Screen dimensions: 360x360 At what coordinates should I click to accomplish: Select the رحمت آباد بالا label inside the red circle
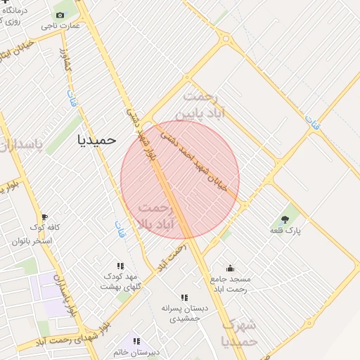pyautogui.click(x=155, y=216)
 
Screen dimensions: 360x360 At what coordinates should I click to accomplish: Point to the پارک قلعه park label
pyautogui.click(x=287, y=231)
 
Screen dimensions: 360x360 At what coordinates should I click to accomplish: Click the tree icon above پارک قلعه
pyautogui.click(x=284, y=219)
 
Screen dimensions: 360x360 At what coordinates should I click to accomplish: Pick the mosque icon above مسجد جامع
pyautogui.click(x=230, y=268)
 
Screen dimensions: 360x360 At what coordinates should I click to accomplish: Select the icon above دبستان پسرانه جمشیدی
pyautogui.click(x=184, y=297)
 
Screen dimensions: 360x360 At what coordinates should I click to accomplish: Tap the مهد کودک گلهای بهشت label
pyautogui.click(x=121, y=281)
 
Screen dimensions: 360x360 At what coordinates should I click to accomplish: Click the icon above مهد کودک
pyautogui.click(x=120, y=266)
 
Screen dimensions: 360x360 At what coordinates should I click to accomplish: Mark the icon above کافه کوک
pyautogui.click(x=45, y=217)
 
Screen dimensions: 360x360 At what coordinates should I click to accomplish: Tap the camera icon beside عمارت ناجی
pyautogui.click(x=60, y=15)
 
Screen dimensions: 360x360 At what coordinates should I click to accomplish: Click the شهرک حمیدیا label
pyautogui.click(x=239, y=333)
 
